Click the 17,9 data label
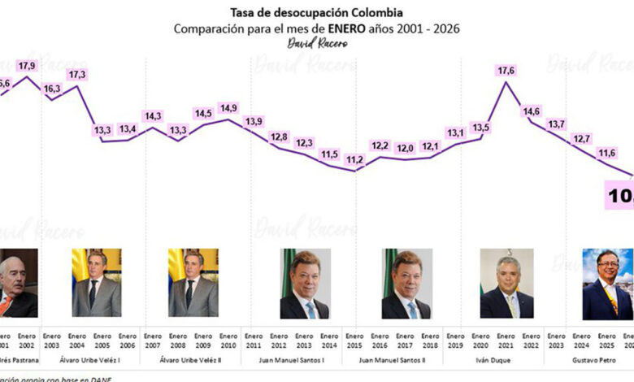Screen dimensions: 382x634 pyautogui.click(x=28, y=67)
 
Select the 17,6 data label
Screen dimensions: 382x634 pyautogui.click(x=506, y=72)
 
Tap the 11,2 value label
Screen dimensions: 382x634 pyautogui.click(x=354, y=160)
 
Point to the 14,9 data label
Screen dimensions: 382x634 pyautogui.click(x=228, y=108)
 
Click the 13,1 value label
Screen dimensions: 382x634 pyautogui.click(x=455, y=133)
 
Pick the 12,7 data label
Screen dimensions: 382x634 pyautogui.click(x=581, y=139)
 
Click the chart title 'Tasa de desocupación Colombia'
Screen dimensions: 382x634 pyautogui.click(x=317, y=14)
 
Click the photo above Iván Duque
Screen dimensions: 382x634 pyautogui.click(x=506, y=283)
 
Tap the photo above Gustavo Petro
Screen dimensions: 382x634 pyautogui.click(x=606, y=284)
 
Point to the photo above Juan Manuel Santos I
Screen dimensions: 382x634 pyautogui.click(x=305, y=283)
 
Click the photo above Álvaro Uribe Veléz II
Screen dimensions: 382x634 pyautogui.click(x=193, y=282)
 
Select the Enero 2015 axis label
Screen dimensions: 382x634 pyautogui.click(x=354, y=339)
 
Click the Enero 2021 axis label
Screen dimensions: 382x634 pyautogui.click(x=506, y=339)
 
